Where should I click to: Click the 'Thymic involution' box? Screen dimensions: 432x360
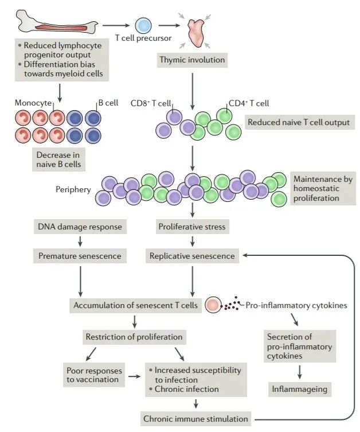click(x=191, y=59)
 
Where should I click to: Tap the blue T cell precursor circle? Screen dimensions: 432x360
click(x=143, y=25)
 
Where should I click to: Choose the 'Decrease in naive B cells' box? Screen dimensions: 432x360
click(x=58, y=159)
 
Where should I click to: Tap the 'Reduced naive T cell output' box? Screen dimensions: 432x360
click(x=297, y=122)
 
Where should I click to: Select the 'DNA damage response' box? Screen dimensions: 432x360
click(x=80, y=227)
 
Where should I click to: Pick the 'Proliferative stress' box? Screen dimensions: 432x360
click(x=192, y=227)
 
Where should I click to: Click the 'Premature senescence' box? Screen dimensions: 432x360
click(x=80, y=256)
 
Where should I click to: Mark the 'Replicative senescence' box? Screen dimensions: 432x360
click(x=192, y=256)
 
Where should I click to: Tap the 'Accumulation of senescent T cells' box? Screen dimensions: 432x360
click(x=135, y=305)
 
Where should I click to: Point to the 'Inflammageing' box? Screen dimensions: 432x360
click(x=299, y=390)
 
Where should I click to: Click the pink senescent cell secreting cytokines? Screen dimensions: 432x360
click(x=212, y=305)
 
